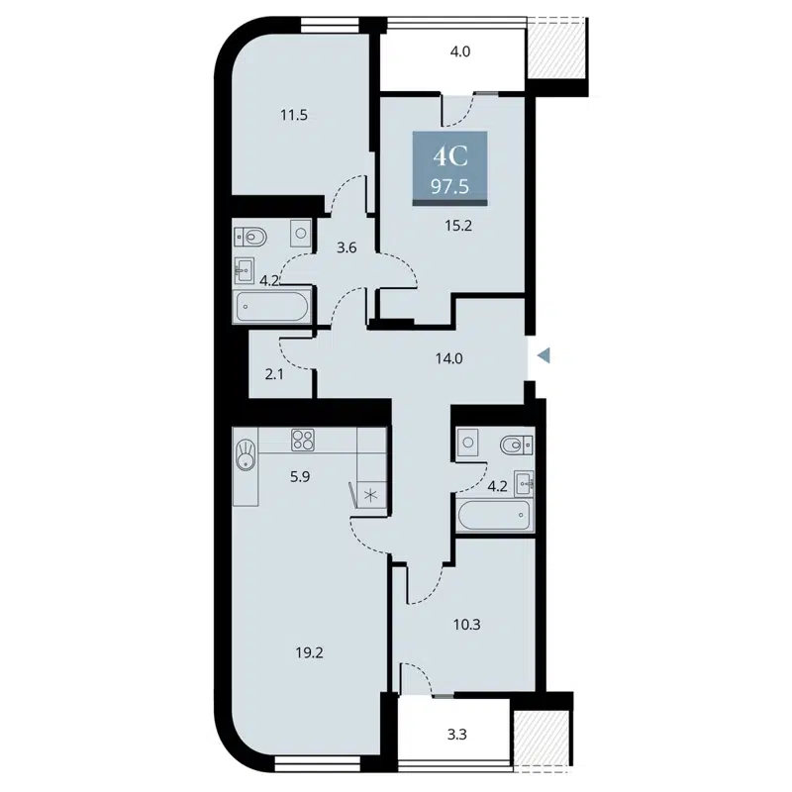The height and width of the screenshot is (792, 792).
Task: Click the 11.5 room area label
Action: pos(294,115)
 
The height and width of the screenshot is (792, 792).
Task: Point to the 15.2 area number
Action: pos(458,224)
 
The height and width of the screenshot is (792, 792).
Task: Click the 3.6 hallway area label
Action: pos(346,247)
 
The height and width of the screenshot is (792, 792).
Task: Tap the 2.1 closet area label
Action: pos(275,373)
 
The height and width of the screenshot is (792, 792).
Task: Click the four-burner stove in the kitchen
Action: pos(302,441)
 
